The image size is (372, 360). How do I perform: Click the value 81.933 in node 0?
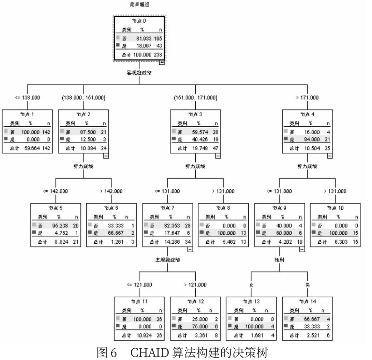pyautogui.click(x=144, y=39)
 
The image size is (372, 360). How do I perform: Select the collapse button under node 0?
pyautogui.click(x=162, y=62)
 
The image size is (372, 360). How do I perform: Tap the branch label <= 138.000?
pyautogui.click(x=28, y=97)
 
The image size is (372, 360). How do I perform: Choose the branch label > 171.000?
pyautogui.click(x=307, y=97)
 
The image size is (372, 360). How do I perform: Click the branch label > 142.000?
pyautogui.click(x=111, y=191)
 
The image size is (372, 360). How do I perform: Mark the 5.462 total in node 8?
pyautogui.click(x=229, y=242)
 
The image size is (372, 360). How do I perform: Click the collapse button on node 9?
pyautogui.click(x=301, y=249)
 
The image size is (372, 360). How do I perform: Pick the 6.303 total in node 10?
pyautogui.click(x=340, y=242)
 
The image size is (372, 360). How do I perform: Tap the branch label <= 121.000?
pyautogui.click(x=139, y=285)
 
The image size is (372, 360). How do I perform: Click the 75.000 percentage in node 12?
pyautogui.click(x=200, y=327)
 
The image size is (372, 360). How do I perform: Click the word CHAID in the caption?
pyautogui.click(x=149, y=352)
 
